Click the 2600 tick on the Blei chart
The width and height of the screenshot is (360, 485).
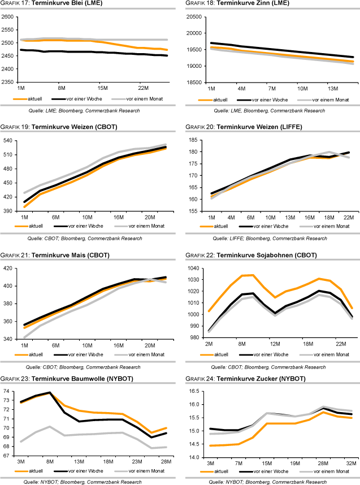8,16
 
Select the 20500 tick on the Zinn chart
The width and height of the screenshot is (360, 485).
194,16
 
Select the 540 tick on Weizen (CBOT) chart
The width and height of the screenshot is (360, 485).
9,140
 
